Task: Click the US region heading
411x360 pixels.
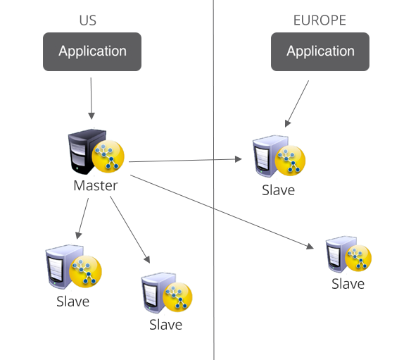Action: tap(88, 20)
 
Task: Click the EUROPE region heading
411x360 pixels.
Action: tap(320, 20)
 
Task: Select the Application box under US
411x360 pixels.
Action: tap(92, 51)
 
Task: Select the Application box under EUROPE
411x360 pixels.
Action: tap(320, 51)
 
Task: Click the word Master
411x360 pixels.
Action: tap(96, 186)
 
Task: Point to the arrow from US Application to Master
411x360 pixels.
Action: tap(91, 99)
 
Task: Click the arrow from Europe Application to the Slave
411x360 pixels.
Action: tap(297, 104)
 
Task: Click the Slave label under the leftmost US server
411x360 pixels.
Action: tap(73, 302)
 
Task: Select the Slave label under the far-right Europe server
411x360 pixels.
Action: tap(348, 284)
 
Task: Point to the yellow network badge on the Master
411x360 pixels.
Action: tap(108, 156)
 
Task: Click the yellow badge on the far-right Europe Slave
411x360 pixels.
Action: tap(358, 258)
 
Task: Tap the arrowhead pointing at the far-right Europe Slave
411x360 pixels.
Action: tap(310, 247)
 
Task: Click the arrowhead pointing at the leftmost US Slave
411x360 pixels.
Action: tap(78, 235)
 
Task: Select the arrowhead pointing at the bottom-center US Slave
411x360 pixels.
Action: tap(147, 259)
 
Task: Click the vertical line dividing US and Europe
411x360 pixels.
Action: tap(214, 180)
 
